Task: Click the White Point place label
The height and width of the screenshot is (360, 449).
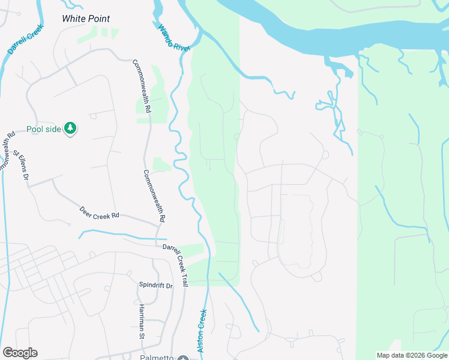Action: tap(86, 19)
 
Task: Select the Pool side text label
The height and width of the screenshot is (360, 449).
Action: tap(44, 130)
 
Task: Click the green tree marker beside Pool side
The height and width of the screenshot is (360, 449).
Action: tap(71, 129)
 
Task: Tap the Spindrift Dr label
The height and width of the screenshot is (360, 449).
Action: tap(155, 286)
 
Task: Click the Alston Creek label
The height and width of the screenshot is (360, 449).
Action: tap(202, 331)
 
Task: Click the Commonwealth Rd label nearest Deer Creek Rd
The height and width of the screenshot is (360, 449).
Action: tap(154, 196)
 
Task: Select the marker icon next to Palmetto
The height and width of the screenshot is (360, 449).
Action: tap(183, 358)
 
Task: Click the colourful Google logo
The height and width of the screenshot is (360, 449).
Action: tap(20, 353)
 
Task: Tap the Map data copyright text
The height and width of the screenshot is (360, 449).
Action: tap(412, 355)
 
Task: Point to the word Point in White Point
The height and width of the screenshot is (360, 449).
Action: tap(100, 19)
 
